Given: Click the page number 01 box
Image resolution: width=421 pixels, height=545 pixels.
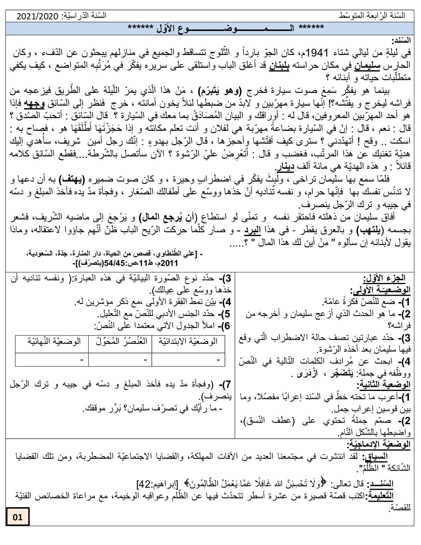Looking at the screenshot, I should (x=18, y=517).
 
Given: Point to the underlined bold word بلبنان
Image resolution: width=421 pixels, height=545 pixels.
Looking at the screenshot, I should (x=271, y=63).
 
